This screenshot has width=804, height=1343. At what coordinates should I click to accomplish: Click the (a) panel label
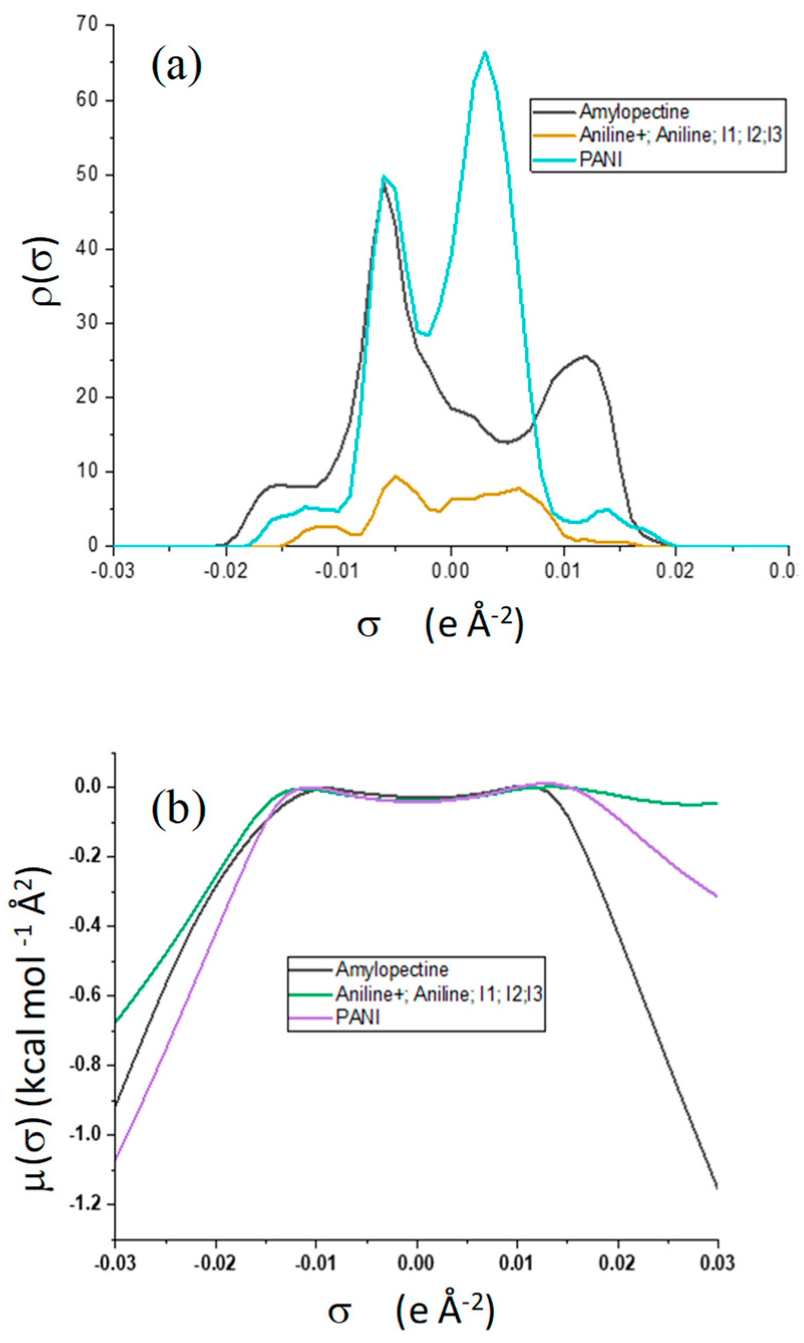176,68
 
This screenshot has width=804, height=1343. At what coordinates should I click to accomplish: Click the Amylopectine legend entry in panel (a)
634,112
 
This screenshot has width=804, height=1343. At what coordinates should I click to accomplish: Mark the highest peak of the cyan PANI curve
485,53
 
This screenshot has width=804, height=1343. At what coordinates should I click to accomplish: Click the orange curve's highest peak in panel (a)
396,477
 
